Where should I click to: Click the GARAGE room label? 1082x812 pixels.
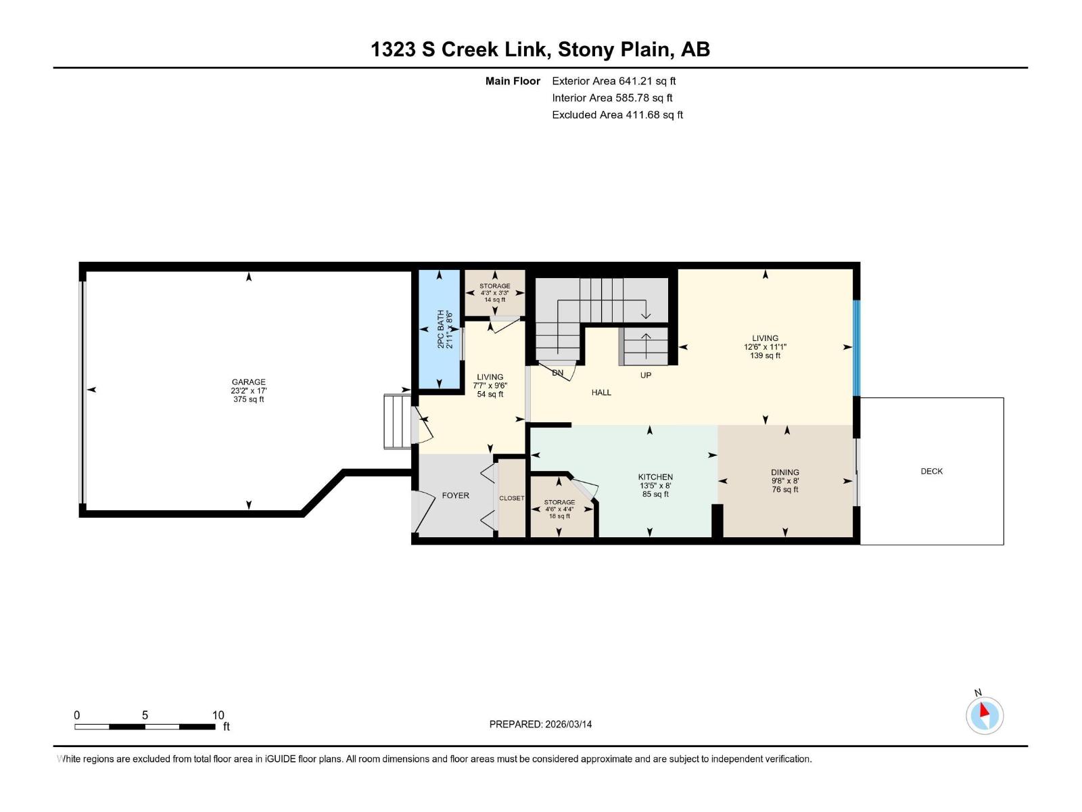click(x=248, y=382)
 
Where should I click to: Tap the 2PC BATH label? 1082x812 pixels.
click(x=440, y=329)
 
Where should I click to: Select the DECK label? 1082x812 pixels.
click(x=931, y=471)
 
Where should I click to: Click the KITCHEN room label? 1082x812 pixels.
click(x=655, y=477)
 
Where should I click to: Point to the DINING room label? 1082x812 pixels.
click(x=784, y=472)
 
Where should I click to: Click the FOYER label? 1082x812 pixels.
click(x=455, y=495)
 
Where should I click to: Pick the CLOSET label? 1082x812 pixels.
click(x=511, y=498)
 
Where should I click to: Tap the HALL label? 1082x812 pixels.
click(x=601, y=392)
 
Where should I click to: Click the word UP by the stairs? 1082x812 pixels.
click(x=645, y=375)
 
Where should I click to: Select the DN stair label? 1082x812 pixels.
click(x=557, y=373)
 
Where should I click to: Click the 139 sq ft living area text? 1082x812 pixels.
click(x=765, y=356)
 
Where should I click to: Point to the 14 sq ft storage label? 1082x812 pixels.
click(x=494, y=300)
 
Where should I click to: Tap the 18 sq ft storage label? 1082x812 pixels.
click(x=559, y=516)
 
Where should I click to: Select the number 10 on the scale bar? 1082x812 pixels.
click(x=218, y=715)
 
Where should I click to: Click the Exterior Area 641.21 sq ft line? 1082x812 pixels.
click(x=613, y=81)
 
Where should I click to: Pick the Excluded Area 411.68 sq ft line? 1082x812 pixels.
click(x=617, y=115)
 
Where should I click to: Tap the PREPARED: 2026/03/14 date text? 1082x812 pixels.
click(x=540, y=724)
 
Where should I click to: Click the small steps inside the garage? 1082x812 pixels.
click(x=397, y=422)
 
